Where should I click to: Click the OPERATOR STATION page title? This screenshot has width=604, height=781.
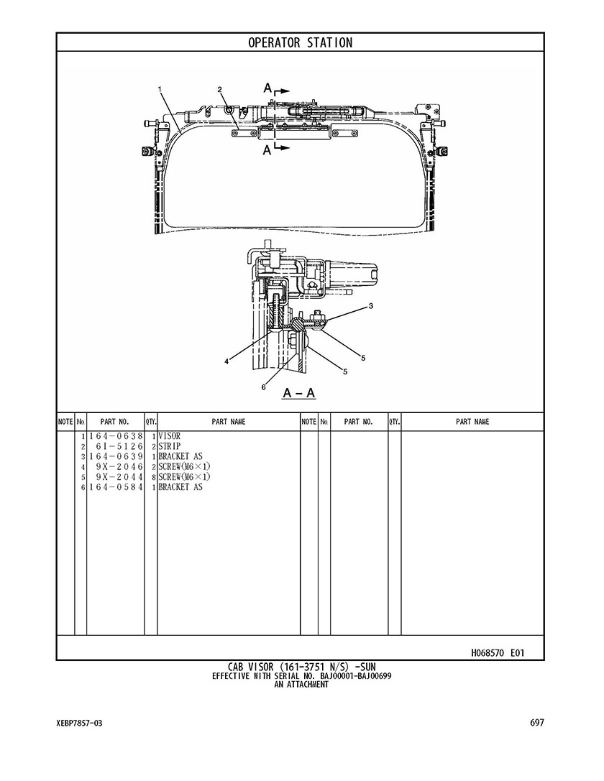[x=300, y=43]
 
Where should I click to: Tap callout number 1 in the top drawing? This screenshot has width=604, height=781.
[x=160, y=89]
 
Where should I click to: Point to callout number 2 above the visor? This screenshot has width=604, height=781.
[x=219, y=90]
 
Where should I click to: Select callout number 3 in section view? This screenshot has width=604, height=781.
[x=371, y=306]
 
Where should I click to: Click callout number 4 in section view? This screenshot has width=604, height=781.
[x=226, y=362]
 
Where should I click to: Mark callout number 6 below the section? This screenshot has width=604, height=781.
[x=264, y=387]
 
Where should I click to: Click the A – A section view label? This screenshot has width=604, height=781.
[x=299, y=393]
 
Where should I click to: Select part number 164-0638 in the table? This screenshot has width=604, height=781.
[x=116, y=436]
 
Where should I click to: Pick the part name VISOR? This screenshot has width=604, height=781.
[x=170, y=436]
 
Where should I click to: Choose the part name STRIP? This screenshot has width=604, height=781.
[x=170, y=446]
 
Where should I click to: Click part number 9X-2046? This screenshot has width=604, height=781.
[x=119, y=467]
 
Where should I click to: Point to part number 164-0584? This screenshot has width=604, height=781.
[x=116, y=487]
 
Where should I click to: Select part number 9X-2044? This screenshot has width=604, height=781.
[x=119, y=477]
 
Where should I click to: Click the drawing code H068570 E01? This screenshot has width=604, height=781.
[x=498, y=652]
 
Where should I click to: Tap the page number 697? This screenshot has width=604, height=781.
[x=537, y=723]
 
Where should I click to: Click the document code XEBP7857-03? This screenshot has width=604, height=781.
[x=80, y=724]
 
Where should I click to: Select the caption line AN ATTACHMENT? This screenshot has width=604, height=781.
[x=301, y=685]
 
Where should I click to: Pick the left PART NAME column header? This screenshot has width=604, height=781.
[x=229, y=422]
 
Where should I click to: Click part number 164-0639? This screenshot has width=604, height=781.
[x=116, y=457]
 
